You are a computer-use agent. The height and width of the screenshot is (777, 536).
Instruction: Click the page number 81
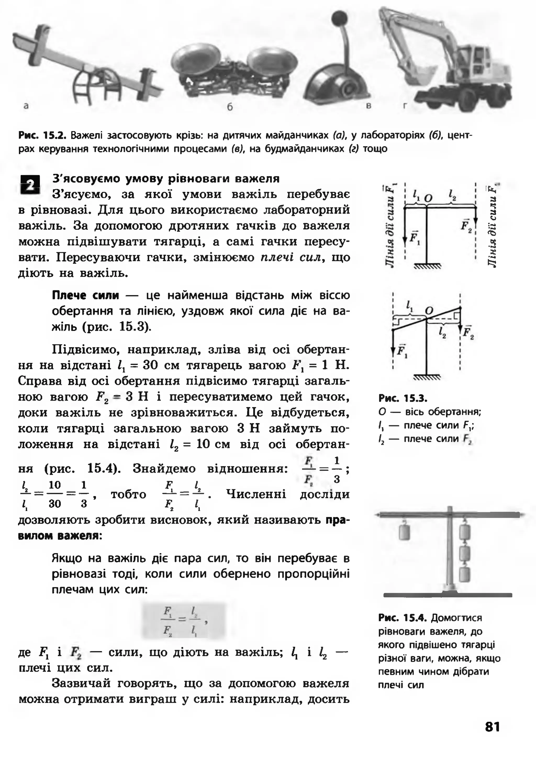(x=492, y=727)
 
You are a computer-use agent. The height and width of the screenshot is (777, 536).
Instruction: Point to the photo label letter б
(x=230, y=107)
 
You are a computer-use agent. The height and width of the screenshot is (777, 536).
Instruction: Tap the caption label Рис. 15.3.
(x=402, y=399)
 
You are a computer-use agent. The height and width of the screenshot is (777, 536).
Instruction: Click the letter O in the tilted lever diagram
(x=429, y=311)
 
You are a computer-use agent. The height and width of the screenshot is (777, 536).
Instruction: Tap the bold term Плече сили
(x=85, y=295)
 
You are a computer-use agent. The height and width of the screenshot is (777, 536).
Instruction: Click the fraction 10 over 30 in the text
(x=54, y=494)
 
